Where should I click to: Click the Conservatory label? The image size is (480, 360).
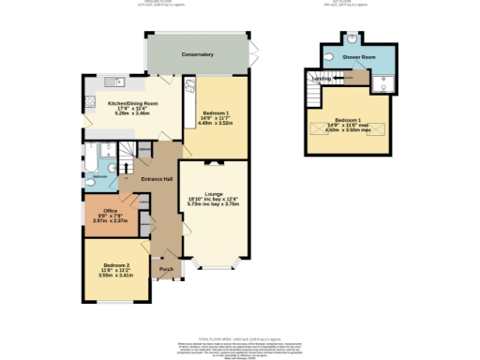197,55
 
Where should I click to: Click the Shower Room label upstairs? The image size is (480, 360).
357,56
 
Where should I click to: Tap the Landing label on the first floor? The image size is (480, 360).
321,79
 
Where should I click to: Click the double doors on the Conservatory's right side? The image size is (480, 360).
256,54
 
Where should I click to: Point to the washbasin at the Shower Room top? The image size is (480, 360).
351,40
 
